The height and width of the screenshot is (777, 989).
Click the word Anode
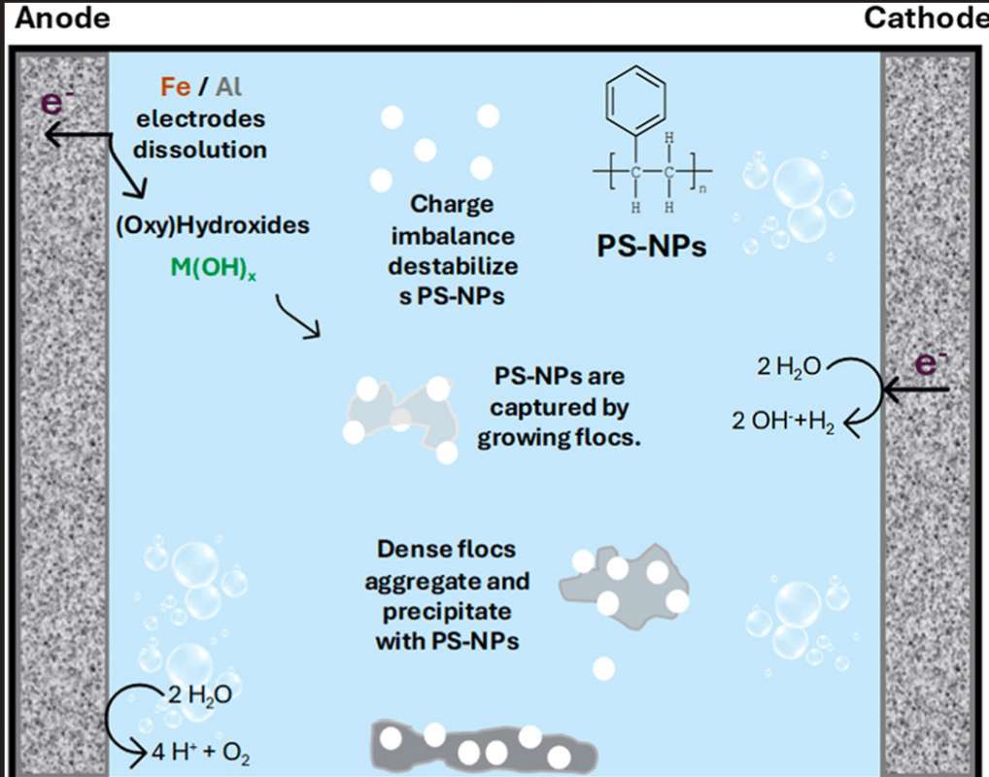pyautogui.click(x=62, y=18)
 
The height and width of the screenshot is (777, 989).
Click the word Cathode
pyautogui.click(x=926, y=18)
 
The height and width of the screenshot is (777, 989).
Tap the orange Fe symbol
pyautogui.click(x=175, y=87)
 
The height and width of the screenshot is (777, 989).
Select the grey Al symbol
pyautogui.click(x=228, y=87)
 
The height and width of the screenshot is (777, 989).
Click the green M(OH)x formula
pyautogui.click(x=213, y=268)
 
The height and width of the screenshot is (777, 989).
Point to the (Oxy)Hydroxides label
pyautogui.click(x=213, y=225)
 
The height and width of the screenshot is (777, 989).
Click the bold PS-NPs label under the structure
pyautogui.click(x=652, y=247)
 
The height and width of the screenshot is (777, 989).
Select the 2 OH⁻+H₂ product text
pyautogui.click(x=783, y=422)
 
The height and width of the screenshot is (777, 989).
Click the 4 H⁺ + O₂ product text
pyautogui.click(x=200, y=753)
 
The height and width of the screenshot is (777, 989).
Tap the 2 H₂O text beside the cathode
pyautogui.click(x=789, y=367)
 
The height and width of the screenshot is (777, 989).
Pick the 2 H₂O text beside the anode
pyautogui.click(x=200, y=695)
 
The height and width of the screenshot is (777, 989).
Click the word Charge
pyautogui.click(x=452, y=205)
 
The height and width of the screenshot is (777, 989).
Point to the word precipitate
pyautogui.click(x=447, y=613)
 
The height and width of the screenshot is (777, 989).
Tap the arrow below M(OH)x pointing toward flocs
pyautogui.click(x=297, y=318)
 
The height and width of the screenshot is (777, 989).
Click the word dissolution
pyautogui.click(x=200, y=151)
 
